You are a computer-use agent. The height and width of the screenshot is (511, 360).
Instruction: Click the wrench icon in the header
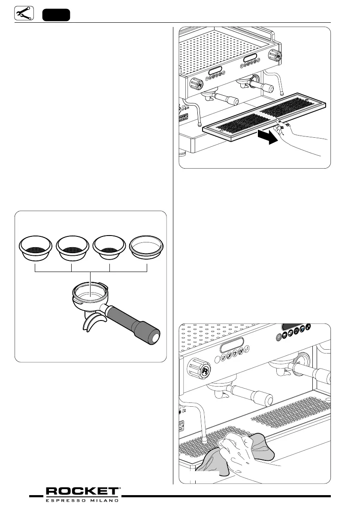[x=22, y=14]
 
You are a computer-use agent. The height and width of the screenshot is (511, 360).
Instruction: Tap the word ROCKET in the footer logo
[x=83, y=491]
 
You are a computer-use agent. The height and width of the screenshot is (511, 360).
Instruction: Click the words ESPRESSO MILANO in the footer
[x=83, y=500]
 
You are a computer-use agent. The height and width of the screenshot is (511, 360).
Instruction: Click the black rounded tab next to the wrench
[x=56, y=14]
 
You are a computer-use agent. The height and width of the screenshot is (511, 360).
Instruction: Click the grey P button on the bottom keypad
[x=281, y=336]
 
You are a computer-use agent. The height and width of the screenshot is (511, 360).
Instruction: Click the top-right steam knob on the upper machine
[x=275, y=55]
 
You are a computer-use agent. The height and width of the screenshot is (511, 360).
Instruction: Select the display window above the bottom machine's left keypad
[x=232, y=344]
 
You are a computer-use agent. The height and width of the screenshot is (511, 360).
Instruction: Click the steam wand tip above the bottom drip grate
[x=205, y=440]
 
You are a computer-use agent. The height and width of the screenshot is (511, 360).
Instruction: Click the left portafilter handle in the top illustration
[x=227, y=100]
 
